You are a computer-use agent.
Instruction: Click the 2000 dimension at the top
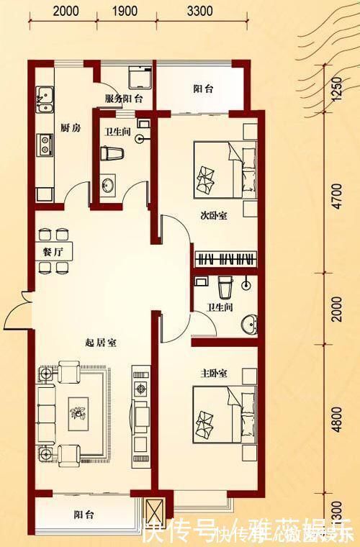(x=66, y=11)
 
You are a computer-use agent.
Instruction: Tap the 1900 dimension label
(x=125, y=11)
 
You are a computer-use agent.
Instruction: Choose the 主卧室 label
(x=214, y=374)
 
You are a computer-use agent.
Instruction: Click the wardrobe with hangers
(x=225, y=258)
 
